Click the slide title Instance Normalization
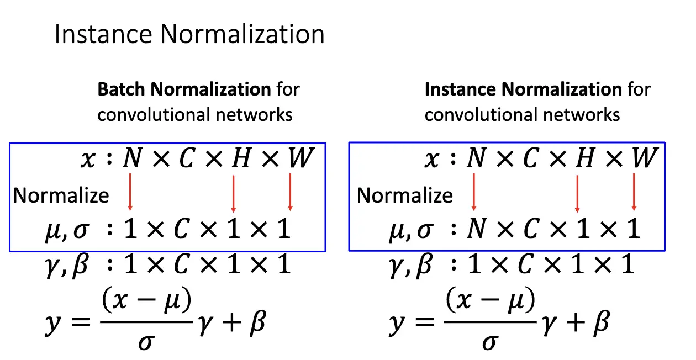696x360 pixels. click(189, 35)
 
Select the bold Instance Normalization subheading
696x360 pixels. click(523, 89)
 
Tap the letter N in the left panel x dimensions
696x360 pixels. click(131, 159)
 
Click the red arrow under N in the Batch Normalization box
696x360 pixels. click(130, 192)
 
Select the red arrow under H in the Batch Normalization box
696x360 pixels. click(234, 193)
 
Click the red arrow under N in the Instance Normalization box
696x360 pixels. click(473, 192)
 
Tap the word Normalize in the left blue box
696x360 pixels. click(61, 195)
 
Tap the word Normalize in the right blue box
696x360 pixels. click(404, 195)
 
